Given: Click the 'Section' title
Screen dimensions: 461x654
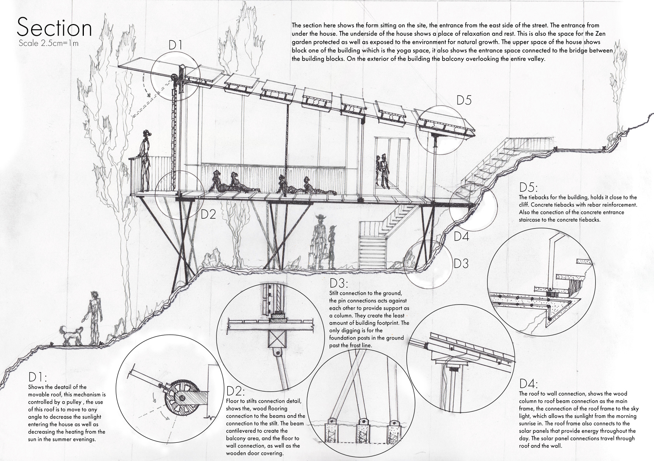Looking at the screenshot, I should point(54,28).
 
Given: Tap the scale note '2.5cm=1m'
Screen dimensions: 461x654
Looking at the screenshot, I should point(49,43).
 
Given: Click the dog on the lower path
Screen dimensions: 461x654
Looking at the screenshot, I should point(71,336).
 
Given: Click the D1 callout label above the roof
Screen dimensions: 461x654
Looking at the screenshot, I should point(175,45).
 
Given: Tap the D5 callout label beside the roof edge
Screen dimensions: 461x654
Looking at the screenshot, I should point(464,100).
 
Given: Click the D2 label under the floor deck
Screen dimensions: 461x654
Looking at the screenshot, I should point(208,214).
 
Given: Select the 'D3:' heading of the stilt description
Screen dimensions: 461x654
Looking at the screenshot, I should point(339,282).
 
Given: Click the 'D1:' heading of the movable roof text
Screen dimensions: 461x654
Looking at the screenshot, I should point(38,378).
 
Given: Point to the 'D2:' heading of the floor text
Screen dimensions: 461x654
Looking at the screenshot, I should point(234,391).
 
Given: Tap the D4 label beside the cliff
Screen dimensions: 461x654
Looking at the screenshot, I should point(462,236).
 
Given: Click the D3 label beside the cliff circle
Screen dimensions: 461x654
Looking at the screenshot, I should point(461,264).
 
